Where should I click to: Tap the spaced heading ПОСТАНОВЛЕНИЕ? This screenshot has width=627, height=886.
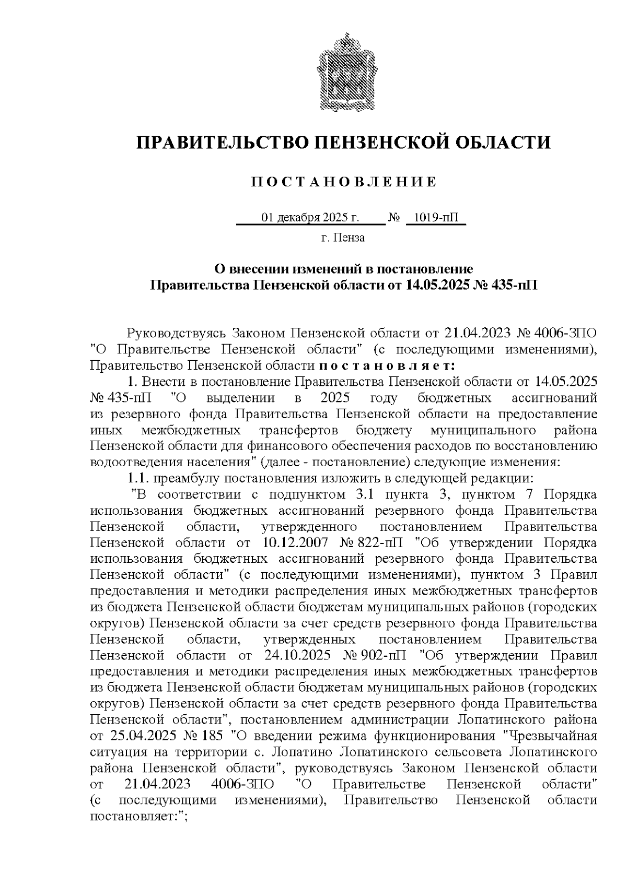tap(344, 182)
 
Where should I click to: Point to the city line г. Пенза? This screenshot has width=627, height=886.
tap(343, 238)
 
